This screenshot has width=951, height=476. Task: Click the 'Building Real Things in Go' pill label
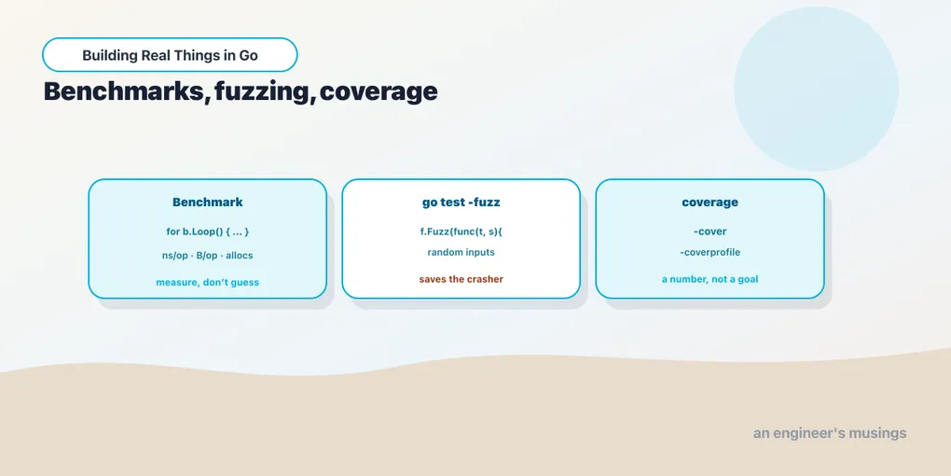pos(170,55)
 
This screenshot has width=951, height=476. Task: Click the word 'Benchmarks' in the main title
pos(124,91)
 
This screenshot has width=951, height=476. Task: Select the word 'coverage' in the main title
pos(379,92)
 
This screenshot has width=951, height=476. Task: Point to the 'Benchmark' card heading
pos(207,203)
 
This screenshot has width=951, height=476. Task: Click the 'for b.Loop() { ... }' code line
pos(207,231)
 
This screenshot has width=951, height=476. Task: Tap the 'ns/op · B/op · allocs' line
pos(207,256)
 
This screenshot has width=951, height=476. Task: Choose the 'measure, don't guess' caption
pos(207,282)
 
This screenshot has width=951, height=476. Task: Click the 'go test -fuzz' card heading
pos(461,203)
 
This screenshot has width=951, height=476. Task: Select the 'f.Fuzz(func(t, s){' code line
pos(461,231)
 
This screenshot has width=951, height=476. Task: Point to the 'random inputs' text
pos(461,252)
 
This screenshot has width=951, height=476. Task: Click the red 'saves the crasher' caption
pos(461,279)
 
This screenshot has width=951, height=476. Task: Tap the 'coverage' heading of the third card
pos(710,203)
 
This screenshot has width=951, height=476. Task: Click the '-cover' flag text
pos(710,231)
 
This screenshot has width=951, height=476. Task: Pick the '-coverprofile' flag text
pos(710,252)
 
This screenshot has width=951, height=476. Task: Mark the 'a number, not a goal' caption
pos(710,280)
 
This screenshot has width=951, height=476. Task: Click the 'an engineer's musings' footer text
pos(830,433)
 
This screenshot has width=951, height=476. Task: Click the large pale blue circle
pos(816,89)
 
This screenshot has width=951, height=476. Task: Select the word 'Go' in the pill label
pos(249,55)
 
